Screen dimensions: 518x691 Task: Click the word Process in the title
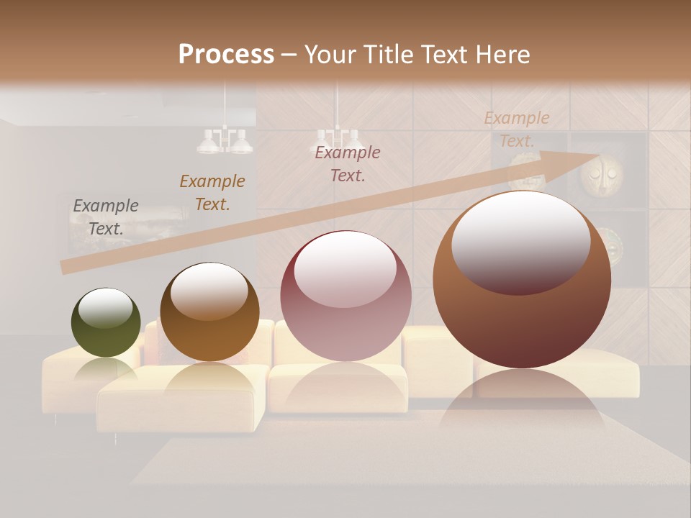[226, 54]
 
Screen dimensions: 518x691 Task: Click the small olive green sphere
[106, 322]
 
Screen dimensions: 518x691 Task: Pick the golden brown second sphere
[209, 312]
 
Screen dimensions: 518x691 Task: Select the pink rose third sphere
[345, 296]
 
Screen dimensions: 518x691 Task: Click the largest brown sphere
[522, 280]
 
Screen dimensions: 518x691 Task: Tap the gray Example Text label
[105, 217]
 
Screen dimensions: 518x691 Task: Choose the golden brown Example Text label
[212, 192]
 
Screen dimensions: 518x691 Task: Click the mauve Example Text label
[347, 163]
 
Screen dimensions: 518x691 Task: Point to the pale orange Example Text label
[516, 129]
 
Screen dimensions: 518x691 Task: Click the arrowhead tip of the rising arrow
[597, 157]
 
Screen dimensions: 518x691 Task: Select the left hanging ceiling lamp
[225, 141]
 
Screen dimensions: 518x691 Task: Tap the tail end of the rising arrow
[65, 268]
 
